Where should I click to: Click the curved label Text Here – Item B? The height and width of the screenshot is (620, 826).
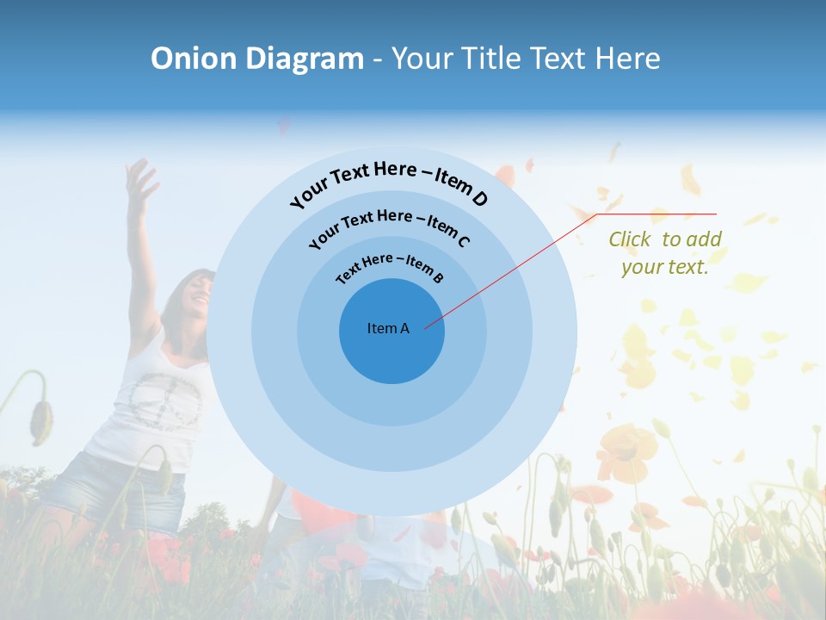coord(390,267)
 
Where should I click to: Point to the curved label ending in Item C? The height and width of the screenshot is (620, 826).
coord(389,226)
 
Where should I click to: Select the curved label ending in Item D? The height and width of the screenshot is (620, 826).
coord(389,182)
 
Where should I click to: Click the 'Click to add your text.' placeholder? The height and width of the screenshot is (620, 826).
coord(665,253)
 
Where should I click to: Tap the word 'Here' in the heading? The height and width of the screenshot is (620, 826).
coord(619,59)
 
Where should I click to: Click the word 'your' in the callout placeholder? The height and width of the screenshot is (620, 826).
coord(641,267)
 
